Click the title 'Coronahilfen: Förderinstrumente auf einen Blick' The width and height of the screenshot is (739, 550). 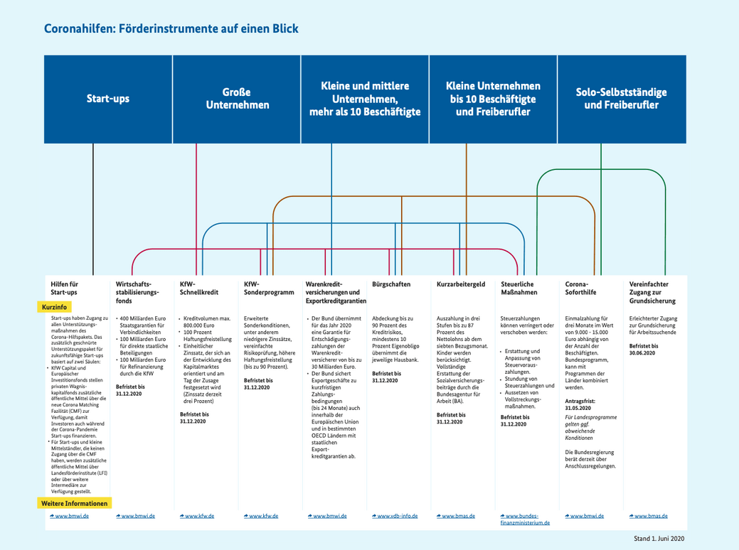click(171, 29)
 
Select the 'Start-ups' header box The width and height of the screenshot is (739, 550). click(108, 99)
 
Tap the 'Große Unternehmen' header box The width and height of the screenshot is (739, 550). click(238, 99)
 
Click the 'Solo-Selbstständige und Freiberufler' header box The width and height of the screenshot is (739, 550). click(621, 99)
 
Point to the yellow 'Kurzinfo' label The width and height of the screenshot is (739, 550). click(55, 307)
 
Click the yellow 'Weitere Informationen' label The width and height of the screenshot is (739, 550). click(75, 503)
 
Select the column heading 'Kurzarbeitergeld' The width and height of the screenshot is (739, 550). click(461, 284)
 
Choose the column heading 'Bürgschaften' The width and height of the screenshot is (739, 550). click(391, 284)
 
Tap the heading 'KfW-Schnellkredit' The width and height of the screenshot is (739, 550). click(199, 288)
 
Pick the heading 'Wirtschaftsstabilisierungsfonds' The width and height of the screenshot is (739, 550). click(138, 292)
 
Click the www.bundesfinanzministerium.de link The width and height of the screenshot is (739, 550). click(526, 519)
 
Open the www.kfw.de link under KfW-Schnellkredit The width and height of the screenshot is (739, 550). click(200, 516)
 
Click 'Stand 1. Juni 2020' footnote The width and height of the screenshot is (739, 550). click(659, 539)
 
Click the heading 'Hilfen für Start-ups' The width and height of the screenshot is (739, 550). click(64, 288)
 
